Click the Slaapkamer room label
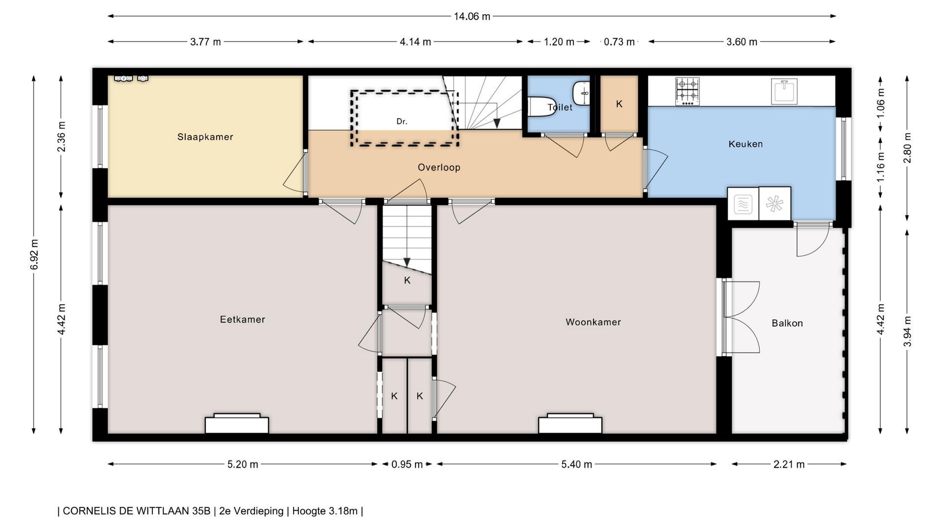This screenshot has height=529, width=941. pyautogui.click(x=205, y=137)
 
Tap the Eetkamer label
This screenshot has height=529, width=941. pyautogui.click(x=242, y=319)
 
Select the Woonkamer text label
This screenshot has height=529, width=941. pyautogui.click(x=593, y=322)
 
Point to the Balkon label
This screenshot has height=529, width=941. pyautogui.click(x=787, y=323)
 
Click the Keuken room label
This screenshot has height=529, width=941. pyautogui.click(x=745, y=144)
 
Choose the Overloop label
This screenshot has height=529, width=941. pyautogui.click(x=439, y=168)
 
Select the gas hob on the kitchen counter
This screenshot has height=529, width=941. pyautogui.click(x=687, y=92)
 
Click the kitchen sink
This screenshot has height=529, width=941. pyautogui.click(x=784, y=92)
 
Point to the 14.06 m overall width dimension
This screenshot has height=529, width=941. pyautogui.click(x=472, y=16)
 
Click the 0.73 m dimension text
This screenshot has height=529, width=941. pyautogui.click(x=619, y=42)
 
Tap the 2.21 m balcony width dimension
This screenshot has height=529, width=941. pyautogui.click(x=789, y=464)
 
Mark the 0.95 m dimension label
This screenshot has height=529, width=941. pyautogui.click(x=407, y=464)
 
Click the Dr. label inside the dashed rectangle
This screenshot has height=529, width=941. pyautogui.click(x=402, y=121)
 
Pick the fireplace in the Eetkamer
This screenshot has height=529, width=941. pyautogui.click(x=237, y=424)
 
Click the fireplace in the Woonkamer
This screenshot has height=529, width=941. pyautogui.click(x=570, y=424)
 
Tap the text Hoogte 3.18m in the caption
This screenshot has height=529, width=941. pyautogui.click(x=325, y=511)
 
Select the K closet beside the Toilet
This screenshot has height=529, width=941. pyautogui.click(x=619, y=104)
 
